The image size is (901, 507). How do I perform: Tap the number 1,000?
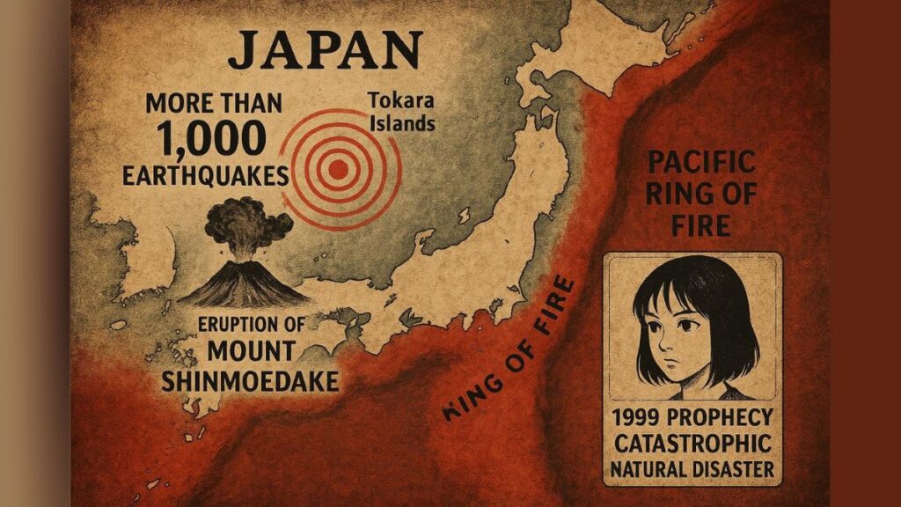tap(212, 139)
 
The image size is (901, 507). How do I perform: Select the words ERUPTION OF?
tap(253, 324)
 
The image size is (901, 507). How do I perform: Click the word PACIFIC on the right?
tap(700, 163)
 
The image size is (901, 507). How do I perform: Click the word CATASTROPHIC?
tap(692, 442)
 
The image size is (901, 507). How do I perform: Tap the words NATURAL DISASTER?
tap(692, 468)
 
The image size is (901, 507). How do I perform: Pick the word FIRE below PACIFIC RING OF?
tap(700, 225)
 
